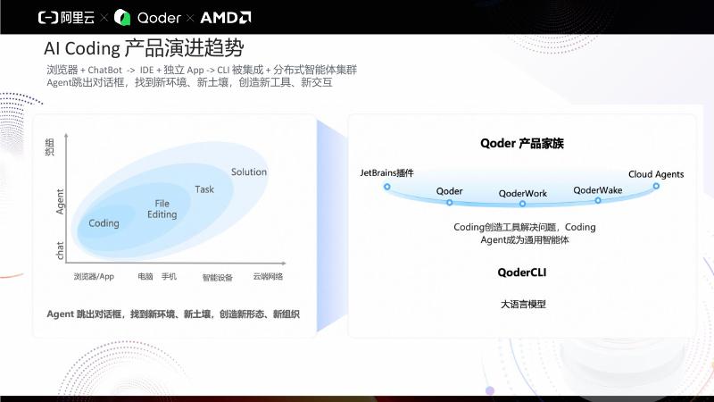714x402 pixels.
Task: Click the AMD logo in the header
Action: click(226, 18)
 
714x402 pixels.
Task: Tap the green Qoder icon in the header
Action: click(122, 18)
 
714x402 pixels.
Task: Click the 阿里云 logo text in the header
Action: click(78, 18)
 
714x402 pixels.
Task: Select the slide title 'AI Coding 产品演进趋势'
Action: click(144, 48)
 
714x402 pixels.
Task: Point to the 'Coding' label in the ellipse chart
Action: click(104, 223)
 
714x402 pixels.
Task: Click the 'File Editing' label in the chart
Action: click(162, 209)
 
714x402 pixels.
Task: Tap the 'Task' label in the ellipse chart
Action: click(204, 189)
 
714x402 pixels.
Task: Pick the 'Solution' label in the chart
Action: click(249, 172)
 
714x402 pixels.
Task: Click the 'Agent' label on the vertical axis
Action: click(60, 202)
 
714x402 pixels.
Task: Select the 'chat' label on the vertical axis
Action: click(60, 251)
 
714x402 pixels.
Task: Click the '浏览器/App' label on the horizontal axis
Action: click(94, 276)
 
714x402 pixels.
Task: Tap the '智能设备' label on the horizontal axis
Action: click(217, 277)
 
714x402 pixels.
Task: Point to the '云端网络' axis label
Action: click(268, 276)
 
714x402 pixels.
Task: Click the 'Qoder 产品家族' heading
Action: click(522, 144)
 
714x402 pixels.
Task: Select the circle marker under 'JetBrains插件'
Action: click(387, 187)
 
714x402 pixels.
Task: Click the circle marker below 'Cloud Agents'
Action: click(656, 186)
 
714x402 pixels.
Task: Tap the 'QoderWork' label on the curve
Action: click(523, 193)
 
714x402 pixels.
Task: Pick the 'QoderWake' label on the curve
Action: click(597, 190)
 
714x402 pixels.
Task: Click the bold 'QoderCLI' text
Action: click(522, 272)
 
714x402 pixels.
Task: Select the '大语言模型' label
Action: click(523, 304)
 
